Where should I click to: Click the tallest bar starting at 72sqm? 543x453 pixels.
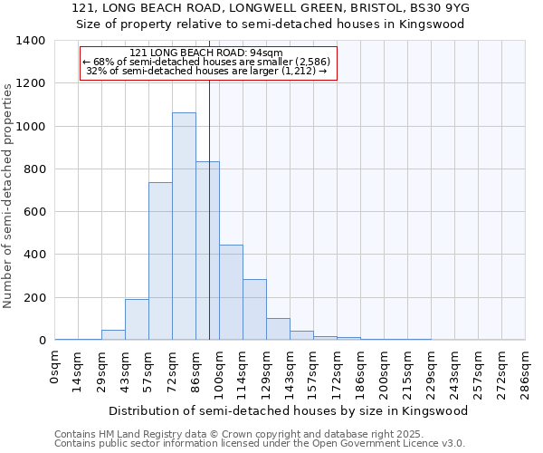coord(184,226)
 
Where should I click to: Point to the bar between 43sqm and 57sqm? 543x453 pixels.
coord(137,320)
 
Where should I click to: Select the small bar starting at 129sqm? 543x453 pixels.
coord(278,329)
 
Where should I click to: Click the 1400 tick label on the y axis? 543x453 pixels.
coord(31,41)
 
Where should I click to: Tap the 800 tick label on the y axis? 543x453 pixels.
coord(34,169)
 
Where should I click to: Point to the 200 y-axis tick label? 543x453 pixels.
coord(34,298)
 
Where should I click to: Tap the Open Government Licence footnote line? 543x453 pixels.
coord(259,444)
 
